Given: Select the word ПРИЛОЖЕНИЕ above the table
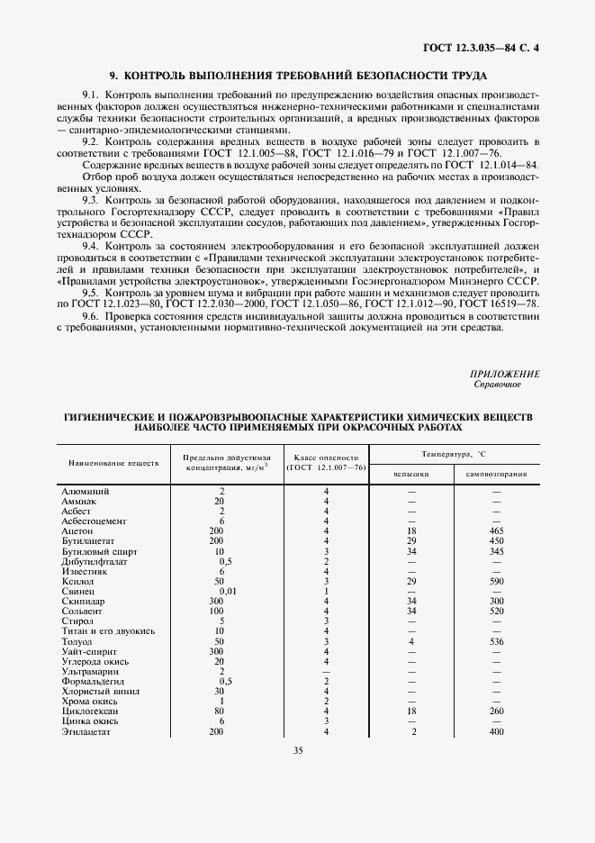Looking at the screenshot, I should coord(504,374).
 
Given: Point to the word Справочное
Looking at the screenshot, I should coord(497,385).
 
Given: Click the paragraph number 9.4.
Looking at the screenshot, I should coord(90,246).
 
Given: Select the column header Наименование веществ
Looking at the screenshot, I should coord(113,462).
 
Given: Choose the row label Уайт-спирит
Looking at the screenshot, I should coord(88,651).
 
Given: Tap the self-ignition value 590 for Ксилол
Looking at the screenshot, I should coord(497,581).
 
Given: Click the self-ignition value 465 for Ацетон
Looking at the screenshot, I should coord(497,531).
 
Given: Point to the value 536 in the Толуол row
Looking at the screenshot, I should coord(497,641).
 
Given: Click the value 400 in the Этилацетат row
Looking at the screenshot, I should coord(497,731).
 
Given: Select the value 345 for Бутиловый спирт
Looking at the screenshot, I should coord(497,551).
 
